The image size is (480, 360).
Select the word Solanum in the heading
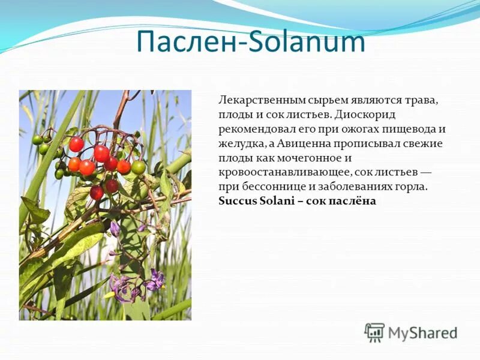(x=306, y=41)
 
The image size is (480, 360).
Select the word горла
(x=413, y=187)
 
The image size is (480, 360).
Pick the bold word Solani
(x=276, y=201)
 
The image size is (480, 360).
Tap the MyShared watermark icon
(x=374, y=332)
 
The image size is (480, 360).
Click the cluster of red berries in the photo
(x=96, y=162)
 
